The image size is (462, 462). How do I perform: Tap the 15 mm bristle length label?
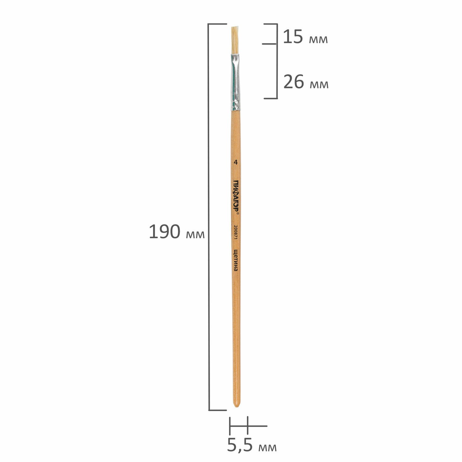[305, 37]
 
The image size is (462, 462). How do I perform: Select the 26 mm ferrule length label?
[306, 82]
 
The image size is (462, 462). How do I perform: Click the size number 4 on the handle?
[236, 162]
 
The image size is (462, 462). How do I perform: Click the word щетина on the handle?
[236, 260]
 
